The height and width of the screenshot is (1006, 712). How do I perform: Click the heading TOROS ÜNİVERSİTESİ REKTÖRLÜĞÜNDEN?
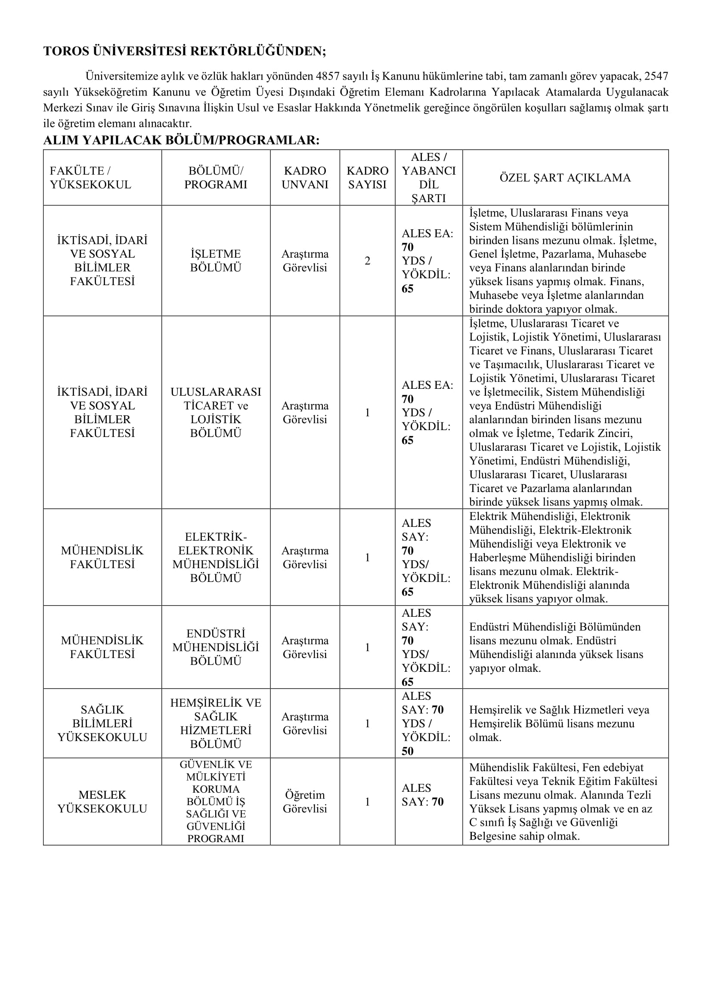pyautogui.click(x=185, y=52)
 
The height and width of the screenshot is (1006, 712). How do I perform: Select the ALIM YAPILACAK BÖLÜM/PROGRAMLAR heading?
pyautogui.click(x=181, y=140)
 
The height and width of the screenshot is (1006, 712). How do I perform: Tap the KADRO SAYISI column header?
pyautogui.click(x=367, y=178)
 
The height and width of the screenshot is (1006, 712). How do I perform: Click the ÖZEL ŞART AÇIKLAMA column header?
pyautogui.click(x=565, y=178)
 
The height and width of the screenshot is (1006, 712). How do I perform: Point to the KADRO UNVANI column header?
pyautogui.click(x=305, y=178)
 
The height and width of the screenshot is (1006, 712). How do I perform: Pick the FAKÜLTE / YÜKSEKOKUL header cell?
pyautogui.click(x=91, y=178)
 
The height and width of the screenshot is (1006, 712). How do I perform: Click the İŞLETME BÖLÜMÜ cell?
pyautogui.click(x=216, y=261)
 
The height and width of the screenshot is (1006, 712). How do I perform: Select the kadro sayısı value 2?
pyautogui.click(x=367, y=261)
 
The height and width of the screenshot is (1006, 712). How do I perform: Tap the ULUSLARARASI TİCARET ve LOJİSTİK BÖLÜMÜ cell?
pyautogui.click(x=216, y=412)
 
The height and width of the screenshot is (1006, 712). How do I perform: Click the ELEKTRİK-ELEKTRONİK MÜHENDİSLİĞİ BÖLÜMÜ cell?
pyautogui.click(x=216, y=557)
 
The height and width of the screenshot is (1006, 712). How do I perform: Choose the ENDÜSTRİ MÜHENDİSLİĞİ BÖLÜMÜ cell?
pyautogui.click(x=216, y=647)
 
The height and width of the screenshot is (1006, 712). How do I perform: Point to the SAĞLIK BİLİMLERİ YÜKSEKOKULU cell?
pyautogui.click(x=102, y=723)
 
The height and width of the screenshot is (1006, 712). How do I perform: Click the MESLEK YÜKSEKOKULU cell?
pyautogui.click(x=102, y=801)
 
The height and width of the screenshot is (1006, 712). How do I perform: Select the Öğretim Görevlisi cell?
pyautogui.click(x=305, y=801)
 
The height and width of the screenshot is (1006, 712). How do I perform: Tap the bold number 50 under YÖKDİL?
pyautogui.click(x=408, y=751)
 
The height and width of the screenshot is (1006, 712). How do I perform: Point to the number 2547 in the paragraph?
pyautogui.click(x=656, y=76)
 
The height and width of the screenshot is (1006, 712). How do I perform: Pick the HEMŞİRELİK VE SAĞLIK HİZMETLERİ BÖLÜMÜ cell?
pyautogui.click(x=216, y=723)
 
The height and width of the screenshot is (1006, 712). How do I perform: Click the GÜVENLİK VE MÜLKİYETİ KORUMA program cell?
pyautogui.click(x=216, y=801)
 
